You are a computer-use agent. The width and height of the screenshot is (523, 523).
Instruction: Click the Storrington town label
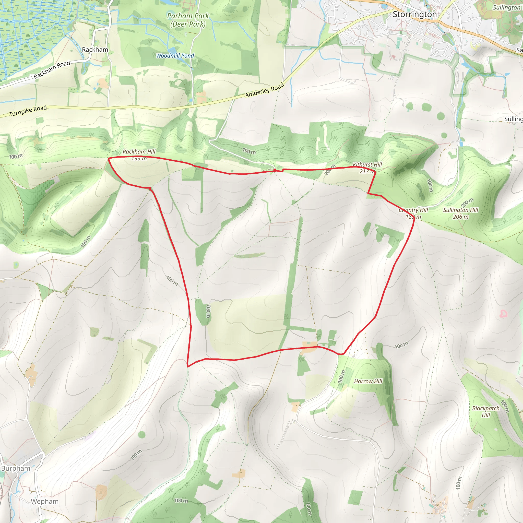pos(414,14)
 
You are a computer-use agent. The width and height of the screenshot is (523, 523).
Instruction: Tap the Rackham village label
pos(95,50)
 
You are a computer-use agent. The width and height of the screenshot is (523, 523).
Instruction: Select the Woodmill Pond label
pos(175,55)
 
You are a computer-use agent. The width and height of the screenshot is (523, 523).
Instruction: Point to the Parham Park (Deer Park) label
pos(188,20)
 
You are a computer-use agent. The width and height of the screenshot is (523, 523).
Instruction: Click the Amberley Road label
pos(265,90)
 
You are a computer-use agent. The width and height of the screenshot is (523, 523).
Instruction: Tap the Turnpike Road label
pos(28,111)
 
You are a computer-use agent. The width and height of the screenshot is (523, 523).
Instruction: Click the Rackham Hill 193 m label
pos(139,155)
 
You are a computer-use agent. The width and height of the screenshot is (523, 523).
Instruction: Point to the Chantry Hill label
pos(413,210)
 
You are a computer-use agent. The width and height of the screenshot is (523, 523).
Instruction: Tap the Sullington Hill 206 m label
pos(460,213)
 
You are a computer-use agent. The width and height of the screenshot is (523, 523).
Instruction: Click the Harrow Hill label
pos(368,381)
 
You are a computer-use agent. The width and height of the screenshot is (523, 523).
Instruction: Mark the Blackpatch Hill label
pos(486,411)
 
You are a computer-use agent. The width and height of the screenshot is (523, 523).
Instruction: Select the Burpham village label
pos(16,468)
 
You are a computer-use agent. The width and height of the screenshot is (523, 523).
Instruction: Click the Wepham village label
pos(45,501)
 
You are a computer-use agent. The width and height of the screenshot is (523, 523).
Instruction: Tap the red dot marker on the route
pos(275,170)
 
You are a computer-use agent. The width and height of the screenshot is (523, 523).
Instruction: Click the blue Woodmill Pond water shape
pos(172,51)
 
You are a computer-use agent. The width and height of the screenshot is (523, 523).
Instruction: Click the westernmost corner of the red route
pos(109,159)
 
